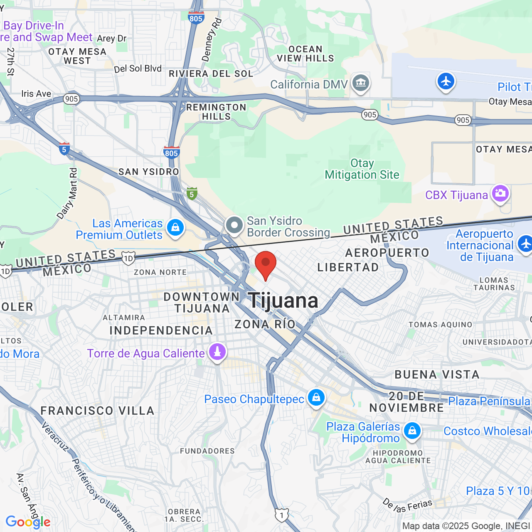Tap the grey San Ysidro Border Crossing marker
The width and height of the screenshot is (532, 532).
pyautogui.click(x=234, y=226)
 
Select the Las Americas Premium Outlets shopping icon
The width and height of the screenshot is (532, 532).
pyautogui.click(x=175, y=228)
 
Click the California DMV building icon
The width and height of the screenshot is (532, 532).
pyautogui.click(x=360, y=83)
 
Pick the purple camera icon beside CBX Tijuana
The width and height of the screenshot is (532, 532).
pyautogui.click(x=500, y=194)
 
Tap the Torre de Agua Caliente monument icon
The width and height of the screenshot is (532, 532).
pyautogui.click(x=217, y=352)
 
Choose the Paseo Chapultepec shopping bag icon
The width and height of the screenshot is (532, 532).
pyautogui.click(x=316, y=398)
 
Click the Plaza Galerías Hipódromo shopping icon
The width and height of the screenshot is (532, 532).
pyautogui.click(x=412, y=431)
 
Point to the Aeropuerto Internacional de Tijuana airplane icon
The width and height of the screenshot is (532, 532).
pyautogui.click(x=525, y=244)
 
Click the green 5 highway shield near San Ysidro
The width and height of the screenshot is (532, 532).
pyautogui.click(x=192, y=194)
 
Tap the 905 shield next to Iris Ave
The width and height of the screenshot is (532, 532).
pyautogui.click(x=71, y=99)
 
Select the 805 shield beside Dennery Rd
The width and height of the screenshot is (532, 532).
pyautogui.click(x=195, y=18)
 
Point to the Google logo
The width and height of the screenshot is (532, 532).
pyautogui.click(x=28, y=522)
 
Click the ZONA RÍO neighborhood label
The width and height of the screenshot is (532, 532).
pyautogui.click(x=265, y=324)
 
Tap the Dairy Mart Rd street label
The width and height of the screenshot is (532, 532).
pyautogui.click(x=68, y=193)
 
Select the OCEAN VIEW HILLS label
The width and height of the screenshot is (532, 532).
pyautogui.click(x=305, y=54)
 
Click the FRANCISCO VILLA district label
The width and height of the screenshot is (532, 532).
pyautogui.click(x=97, y=411)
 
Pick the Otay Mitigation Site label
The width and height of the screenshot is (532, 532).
pyautogui.click(x=362, y=169)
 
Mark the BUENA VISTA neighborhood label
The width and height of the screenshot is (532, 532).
pyautogui.click(x=437, y=374)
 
